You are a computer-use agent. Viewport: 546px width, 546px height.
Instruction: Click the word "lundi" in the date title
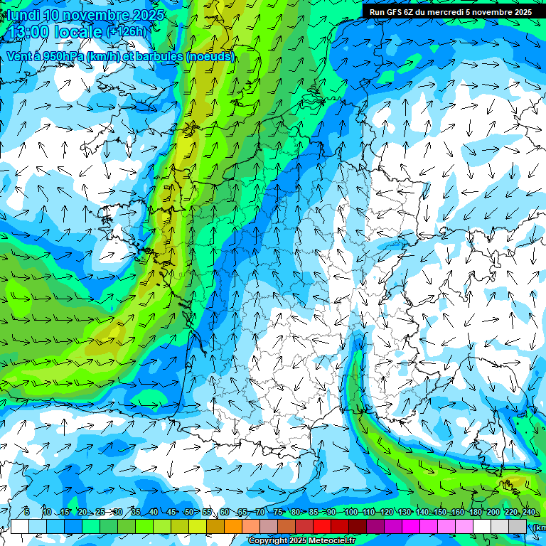click(x=22, y=14)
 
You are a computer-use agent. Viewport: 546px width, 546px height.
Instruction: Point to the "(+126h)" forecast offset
click(x=127, y=32)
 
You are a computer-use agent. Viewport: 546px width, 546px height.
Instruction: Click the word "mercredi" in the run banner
click(x=465, y=12)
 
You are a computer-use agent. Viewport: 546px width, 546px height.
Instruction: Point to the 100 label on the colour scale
click(x=350, y=513)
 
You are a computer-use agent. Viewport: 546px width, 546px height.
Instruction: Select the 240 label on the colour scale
click(x=528, y=513)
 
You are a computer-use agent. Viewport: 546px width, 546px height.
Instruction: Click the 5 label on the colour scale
click(x=26, y=513)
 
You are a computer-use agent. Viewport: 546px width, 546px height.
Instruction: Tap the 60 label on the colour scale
click(x=225, y=513)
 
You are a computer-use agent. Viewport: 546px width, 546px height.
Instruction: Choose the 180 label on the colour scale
click(x=475, y=513)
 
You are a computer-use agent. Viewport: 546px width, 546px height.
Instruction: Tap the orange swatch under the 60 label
click(x=233, y=526)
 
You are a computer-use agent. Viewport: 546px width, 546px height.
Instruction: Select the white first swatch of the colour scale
click(x=20, y=526)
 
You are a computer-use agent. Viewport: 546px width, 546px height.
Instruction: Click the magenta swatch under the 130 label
click(x=411, y=526)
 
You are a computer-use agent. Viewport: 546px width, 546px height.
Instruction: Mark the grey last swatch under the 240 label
click(x=518, y=526)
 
